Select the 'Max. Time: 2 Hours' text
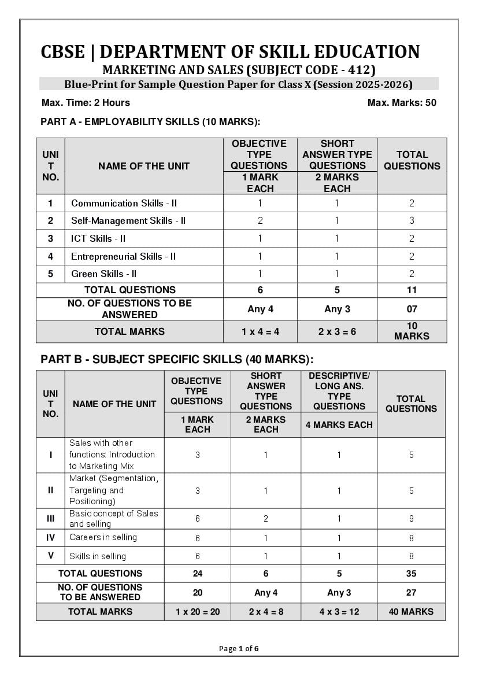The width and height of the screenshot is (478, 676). point(86,103)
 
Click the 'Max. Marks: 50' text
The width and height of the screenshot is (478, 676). point(402,103)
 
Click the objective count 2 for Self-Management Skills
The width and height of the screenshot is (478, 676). point(260,220)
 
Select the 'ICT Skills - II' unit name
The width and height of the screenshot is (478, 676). point(98,238)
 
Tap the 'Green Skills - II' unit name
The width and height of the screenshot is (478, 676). point(104,274)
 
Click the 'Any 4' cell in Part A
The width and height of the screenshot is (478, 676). point(260,309)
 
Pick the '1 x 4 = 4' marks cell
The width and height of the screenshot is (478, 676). point(260,331)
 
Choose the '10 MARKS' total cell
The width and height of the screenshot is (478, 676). point(412,331)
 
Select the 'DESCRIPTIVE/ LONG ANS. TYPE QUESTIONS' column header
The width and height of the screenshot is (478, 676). point(339,391)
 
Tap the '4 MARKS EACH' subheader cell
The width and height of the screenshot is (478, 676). point(339,424)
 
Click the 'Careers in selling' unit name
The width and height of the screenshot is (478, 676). point(103,537)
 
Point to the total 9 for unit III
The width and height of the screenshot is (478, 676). point(411,519)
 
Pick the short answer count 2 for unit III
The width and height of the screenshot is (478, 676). point(266,519)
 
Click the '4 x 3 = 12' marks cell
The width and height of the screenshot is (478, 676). point(339,611)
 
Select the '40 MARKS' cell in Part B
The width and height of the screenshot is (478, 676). point(411,611)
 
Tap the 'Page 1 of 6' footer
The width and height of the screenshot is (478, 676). point(239,648)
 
